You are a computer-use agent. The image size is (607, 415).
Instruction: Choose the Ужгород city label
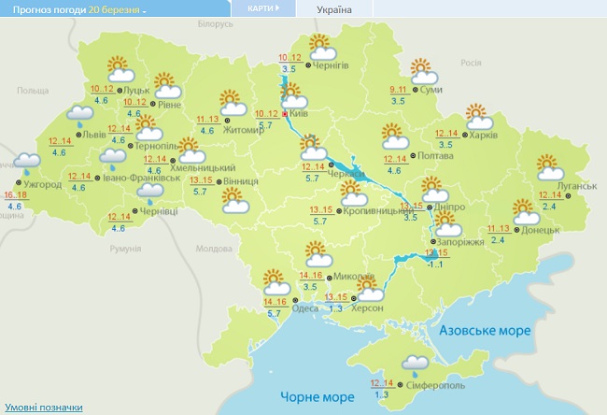click(43, 184)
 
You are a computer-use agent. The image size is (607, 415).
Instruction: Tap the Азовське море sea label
click(485, 331)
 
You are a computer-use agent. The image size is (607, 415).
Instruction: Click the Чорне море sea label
click(318, 397)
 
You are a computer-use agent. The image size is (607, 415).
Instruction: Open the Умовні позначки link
click(43, 408)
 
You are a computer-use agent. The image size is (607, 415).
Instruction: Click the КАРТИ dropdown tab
click(263, 8)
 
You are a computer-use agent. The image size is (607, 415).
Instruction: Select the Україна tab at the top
click(334, 9)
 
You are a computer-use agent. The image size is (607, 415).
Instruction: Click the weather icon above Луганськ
click(551, 167)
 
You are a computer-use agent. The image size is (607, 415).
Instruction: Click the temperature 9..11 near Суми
click(399, 89)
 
